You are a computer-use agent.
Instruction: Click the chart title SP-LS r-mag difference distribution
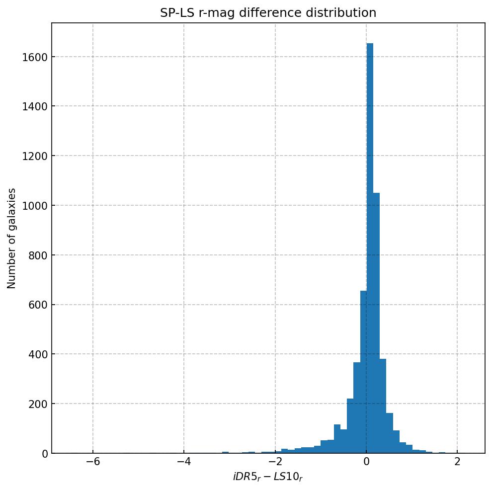tap(268, 13)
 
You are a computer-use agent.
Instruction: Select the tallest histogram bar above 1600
tap(370, 248)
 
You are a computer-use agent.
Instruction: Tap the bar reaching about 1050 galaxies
tap(376, 323)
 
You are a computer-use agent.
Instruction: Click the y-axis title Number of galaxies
tap(12, 238)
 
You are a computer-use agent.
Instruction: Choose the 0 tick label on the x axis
tap(366, 461)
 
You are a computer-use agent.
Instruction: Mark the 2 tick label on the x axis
tap(457, 461)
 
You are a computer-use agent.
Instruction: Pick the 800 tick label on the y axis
tap(35, 255)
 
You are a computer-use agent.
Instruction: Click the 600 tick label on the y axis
tap(35, 305)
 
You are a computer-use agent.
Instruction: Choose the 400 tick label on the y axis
tap(35, 354)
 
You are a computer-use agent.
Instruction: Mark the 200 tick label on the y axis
tap(35, 404)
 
